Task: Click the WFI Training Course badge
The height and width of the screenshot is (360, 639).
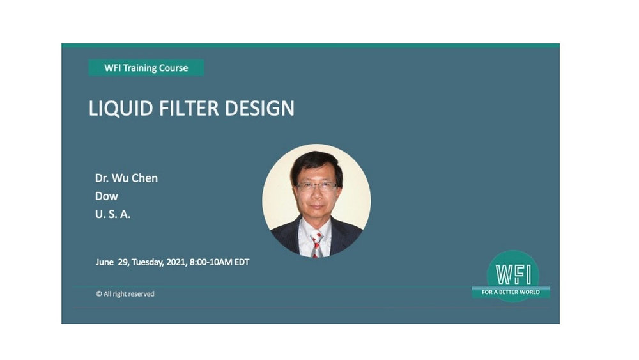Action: tap(146, 68)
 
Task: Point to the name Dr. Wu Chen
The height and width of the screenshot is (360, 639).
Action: tap(126, 178)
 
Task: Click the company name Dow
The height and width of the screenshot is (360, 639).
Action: tap(107, 196)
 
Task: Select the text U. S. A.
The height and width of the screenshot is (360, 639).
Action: tap(112, 215)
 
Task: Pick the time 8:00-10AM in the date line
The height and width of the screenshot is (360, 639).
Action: tap(211, 262)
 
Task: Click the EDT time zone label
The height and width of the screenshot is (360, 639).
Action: tap(242, 262)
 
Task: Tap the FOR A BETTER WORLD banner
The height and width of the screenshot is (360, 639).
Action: tap(511, 292)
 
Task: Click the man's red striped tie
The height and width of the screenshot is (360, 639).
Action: tap(316, 244)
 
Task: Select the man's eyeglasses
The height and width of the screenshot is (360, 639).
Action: tap(316, 186)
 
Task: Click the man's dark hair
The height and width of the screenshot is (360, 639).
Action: tap(316, 161)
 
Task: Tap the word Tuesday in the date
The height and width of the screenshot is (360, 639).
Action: tap(148, 262)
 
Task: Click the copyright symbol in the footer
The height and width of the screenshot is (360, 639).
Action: tap(99, 294)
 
